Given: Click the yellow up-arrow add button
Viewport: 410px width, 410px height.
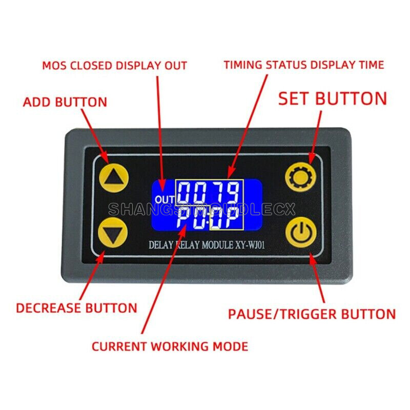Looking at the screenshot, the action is pyautogui.click(x=113, y=177).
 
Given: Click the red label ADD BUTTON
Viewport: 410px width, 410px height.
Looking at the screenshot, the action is pyautogui.click(x=65, y=101).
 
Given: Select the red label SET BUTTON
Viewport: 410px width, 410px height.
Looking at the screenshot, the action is pyautogui.click(x=332, y=98).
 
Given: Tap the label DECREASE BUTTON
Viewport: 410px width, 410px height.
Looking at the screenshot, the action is pyautogui.click(x=76, y=308).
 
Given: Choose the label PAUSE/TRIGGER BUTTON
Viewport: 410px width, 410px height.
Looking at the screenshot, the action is pyautogui.click(x=312, y=314).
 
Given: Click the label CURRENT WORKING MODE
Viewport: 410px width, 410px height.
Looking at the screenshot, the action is pyautogui.click(x=170, y=346).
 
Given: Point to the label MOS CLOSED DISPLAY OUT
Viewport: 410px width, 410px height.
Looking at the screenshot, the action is pyautogui.click(x=114, y=66).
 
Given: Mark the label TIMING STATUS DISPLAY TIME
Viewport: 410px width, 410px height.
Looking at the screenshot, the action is pyautogui.click(x=303, y=65).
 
